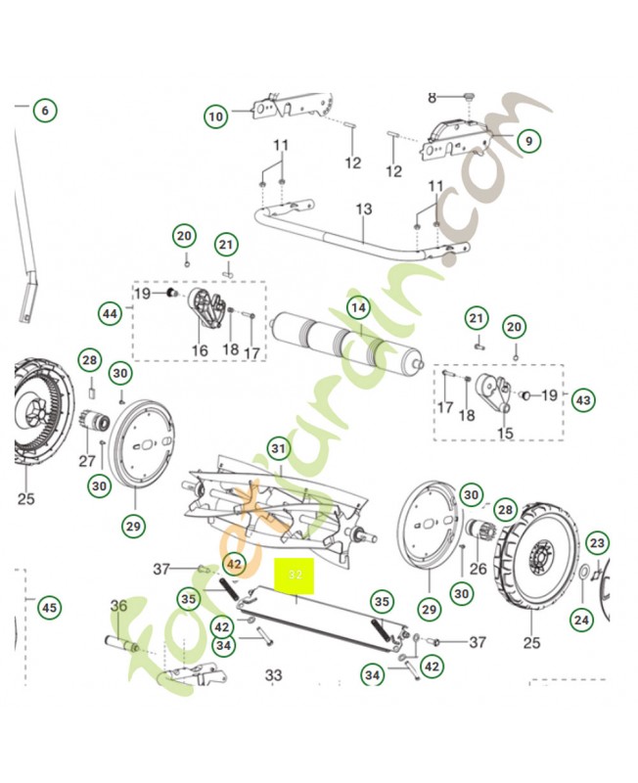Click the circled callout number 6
[44, 110]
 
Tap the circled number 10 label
[215, 117]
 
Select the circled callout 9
[527, 141]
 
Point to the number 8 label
[432, 97]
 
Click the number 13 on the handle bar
[364, 209]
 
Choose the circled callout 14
[359, 307]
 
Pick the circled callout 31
[279, 449]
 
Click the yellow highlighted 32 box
[295, 576]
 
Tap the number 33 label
[273, 674]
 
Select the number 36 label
[119, 608]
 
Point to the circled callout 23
[597, 543]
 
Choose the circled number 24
[582, 620]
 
